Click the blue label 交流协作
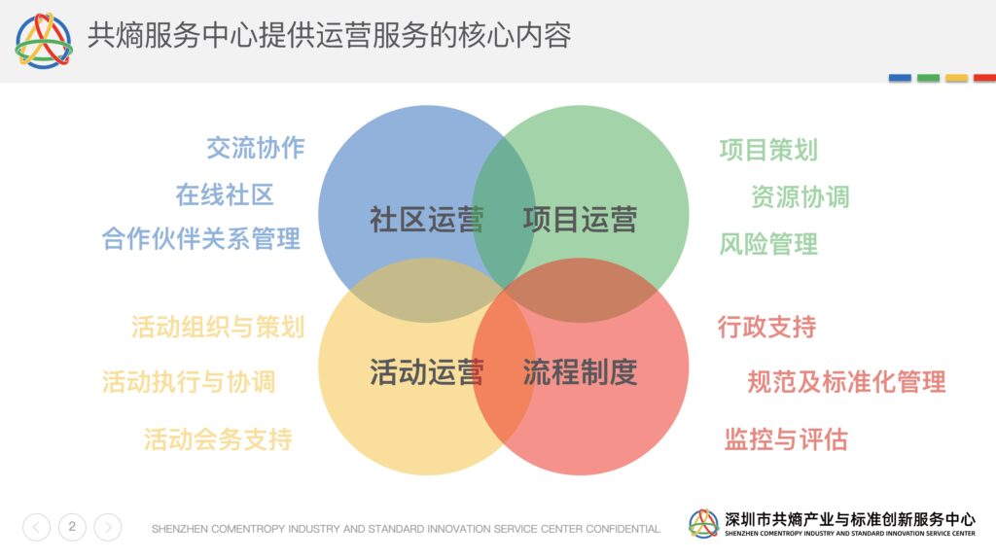[x=256, y=148]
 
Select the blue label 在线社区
[x=225, y=194]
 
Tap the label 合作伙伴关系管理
[x=200, y=239]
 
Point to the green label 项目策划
[x=768, y=150]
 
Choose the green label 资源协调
[x=800, y=196]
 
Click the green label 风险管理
[x=768, y=244]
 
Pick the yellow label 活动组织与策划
[x=218, y=327]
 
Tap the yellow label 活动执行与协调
[x=189, y=382]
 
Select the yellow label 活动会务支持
[x=218, y=439]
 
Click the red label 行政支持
[x=766, y=327]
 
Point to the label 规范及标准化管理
[x=847, y=382]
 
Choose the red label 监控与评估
[x=786, y=439]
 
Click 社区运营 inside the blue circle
[x=427, y=220]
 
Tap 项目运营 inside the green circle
[x=580, y=220]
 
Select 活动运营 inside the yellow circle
[x=427, y=372]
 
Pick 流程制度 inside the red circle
[x=580, y=372]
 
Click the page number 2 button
[x=72, y=527]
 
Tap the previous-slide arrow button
[x=36, y=527]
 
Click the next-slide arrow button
[x=108, y=527]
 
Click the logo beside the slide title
[x=44, y=41]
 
